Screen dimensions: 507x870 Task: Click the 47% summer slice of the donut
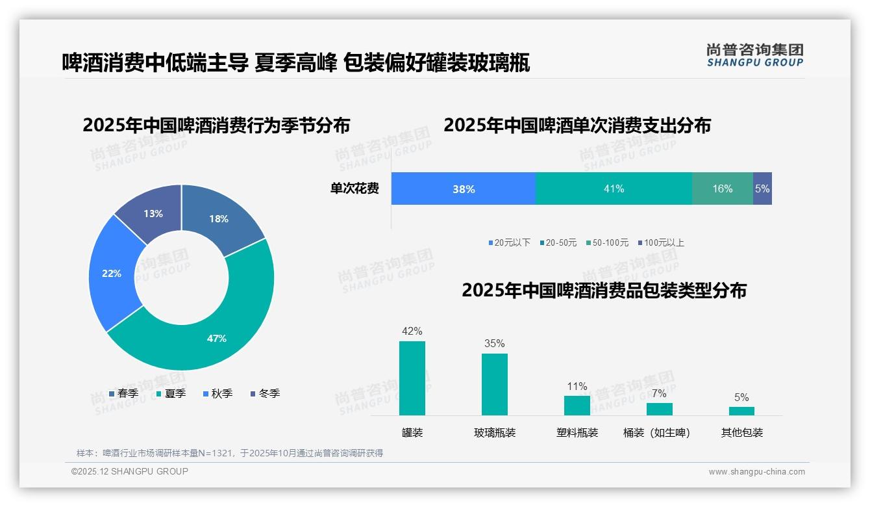click(216, 338)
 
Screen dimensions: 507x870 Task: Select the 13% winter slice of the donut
click(153, 213)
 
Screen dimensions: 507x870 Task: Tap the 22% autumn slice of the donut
click(112, 274)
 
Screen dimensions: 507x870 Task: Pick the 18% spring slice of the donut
click(219, 219)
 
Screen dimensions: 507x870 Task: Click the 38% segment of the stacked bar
click(464, 189)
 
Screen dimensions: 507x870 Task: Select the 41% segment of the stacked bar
click(614, 189)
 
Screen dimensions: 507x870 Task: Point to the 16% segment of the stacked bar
click(722, 189)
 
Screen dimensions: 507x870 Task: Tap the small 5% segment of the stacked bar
click(762, 189)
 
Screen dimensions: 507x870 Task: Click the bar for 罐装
click(412, 378)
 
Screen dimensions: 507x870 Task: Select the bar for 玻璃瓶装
click(495, 384)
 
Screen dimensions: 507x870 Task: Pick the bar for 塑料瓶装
click(577, 406)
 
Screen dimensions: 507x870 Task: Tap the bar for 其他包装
click(741, 411)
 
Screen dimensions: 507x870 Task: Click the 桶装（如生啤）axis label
click(657, 433)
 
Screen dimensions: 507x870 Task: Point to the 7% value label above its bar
click(659, 393)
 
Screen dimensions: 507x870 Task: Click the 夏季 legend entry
click(171, 393)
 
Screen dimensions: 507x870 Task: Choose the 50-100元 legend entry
click(608, 243)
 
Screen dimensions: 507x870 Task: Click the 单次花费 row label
click(354, 189)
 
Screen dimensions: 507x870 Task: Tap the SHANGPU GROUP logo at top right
click(754, 55)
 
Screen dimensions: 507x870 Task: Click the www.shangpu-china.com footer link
click(756, 472)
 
